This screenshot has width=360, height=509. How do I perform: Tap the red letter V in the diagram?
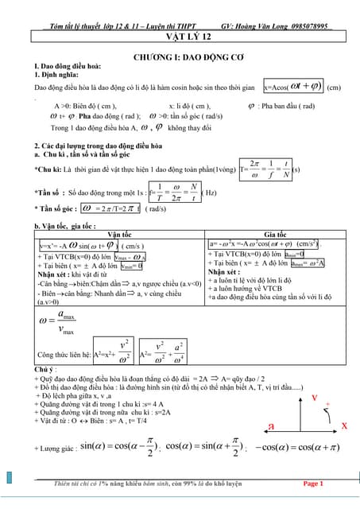pos(315,397)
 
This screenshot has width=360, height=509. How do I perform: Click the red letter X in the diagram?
pos(345,426)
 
